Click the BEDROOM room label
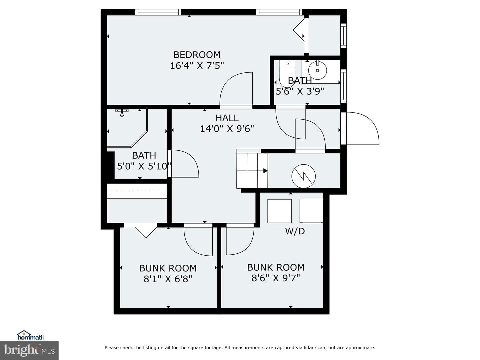point(197,55)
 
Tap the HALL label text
point(227,118)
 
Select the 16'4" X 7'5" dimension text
point(197,66)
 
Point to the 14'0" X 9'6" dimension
point(227,129)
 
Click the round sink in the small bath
point(318,70)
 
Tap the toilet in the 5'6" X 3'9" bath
point(287,74)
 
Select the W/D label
point(295,231)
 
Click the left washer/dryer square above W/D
point(279,211)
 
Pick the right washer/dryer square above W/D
point(311,211)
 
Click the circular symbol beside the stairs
point(304,176)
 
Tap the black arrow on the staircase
point(265,171)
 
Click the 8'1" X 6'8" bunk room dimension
point(168,279)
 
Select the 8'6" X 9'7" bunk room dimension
point(276,278)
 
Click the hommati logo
point(30,335)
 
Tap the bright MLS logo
point(29,350)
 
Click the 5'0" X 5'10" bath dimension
point(144,166)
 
